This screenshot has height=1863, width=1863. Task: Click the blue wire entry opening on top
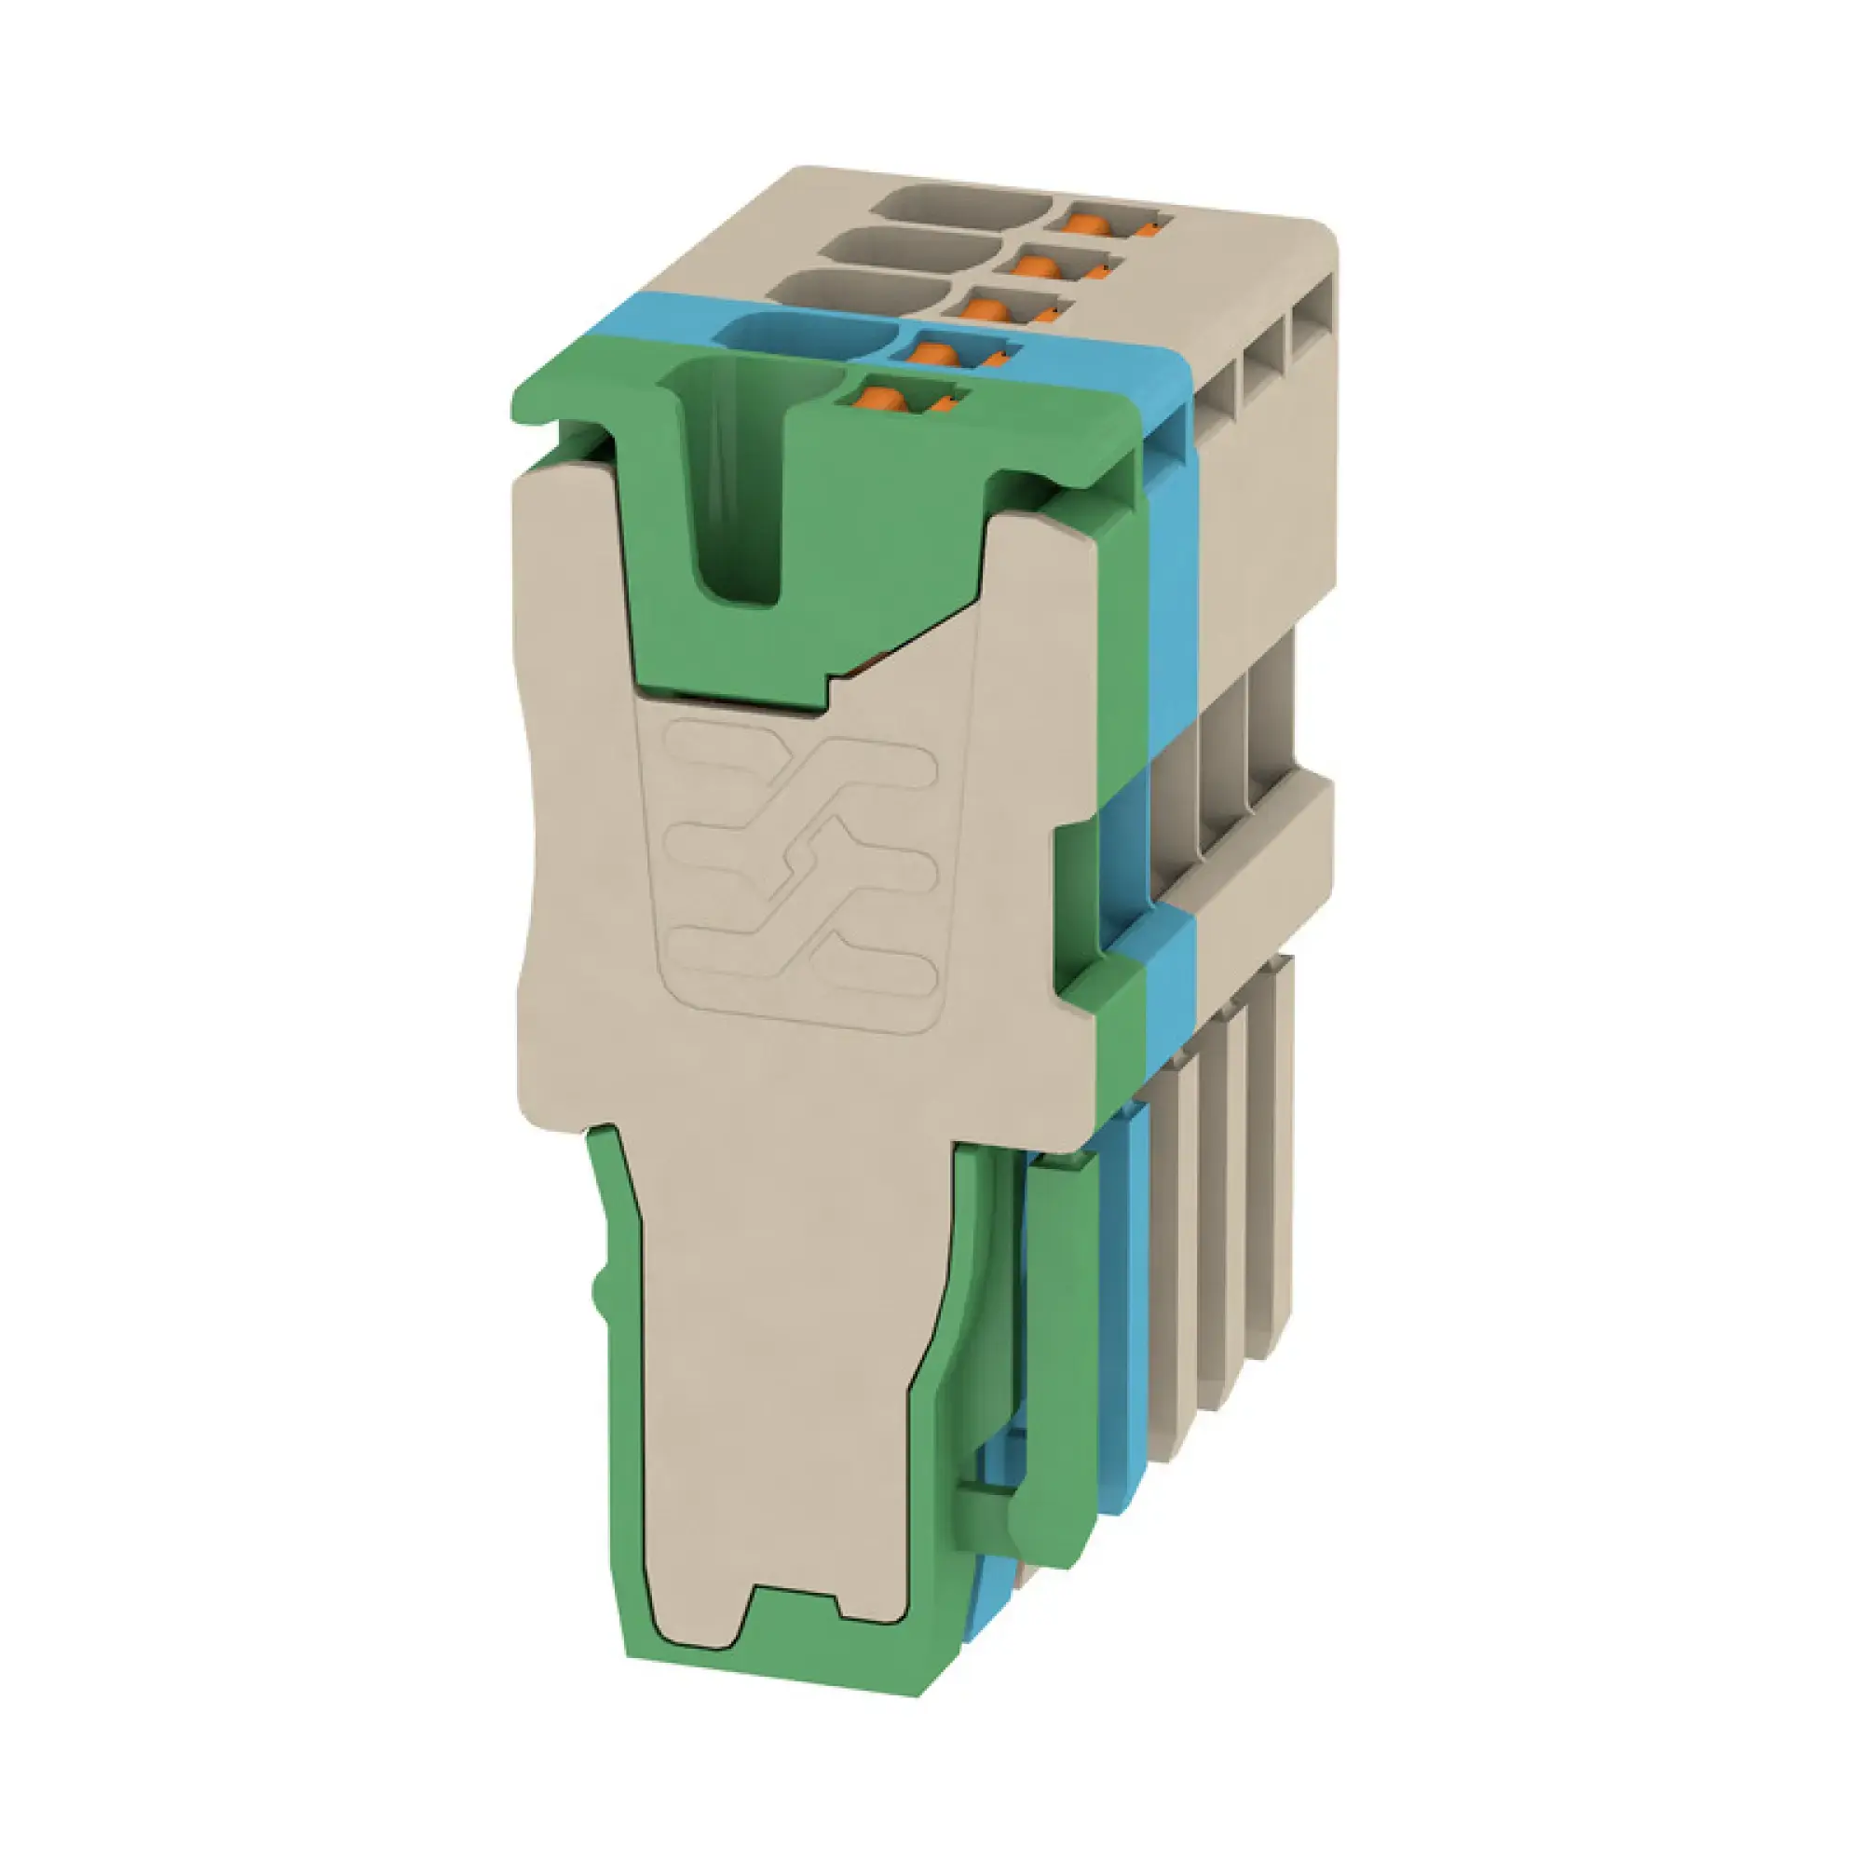pyautogui.click(x=805, y=336)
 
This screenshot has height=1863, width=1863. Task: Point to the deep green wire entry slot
pyautogui.click(x=738, y=483)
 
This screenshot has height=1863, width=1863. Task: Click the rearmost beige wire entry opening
pyautogui.click(x=964, y=205)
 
